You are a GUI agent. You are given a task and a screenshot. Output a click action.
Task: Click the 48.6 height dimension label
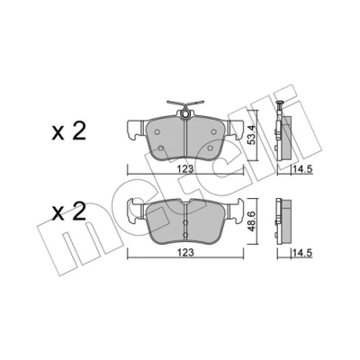click(x=253, y=220)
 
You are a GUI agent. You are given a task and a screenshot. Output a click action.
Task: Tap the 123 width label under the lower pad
click(x=186, y=253)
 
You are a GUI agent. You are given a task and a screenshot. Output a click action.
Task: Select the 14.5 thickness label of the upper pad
click(x=302, y=169)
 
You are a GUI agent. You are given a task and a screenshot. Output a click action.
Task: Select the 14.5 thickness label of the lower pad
click(x=302, y=253)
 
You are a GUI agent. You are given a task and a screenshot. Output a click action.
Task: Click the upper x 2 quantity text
click(x=69, y=131)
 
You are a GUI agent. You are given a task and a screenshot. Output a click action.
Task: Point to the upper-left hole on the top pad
click(x=157, y=131)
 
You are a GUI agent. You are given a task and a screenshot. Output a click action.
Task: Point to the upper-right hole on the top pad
click(x=214, y=131)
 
